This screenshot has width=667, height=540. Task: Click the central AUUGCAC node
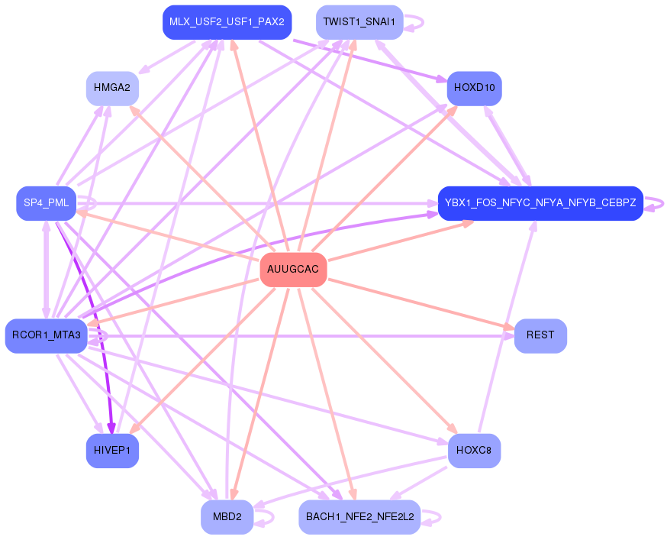click(x=293, y=270)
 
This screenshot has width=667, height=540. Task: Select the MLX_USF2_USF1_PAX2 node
click(x=227, y=22)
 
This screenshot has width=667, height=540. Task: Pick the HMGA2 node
click(x=111, y=89)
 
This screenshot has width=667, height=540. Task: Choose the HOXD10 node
click(x=474, y=89)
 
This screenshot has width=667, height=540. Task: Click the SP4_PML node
click(x=46, y=203)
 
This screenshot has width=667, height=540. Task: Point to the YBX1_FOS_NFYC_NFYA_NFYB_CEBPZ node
click(x=540, y=203)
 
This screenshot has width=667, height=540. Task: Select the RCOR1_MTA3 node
click(x=46, y=336)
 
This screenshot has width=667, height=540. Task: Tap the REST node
click(x=540, y=335)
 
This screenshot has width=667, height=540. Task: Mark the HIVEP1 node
click(x=111, y=451)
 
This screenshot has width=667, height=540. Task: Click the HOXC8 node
click(x=474, y=451)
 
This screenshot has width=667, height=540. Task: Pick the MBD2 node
click(x=227, y=517)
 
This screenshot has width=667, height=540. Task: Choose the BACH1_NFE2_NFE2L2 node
click(x=359, y=517)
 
